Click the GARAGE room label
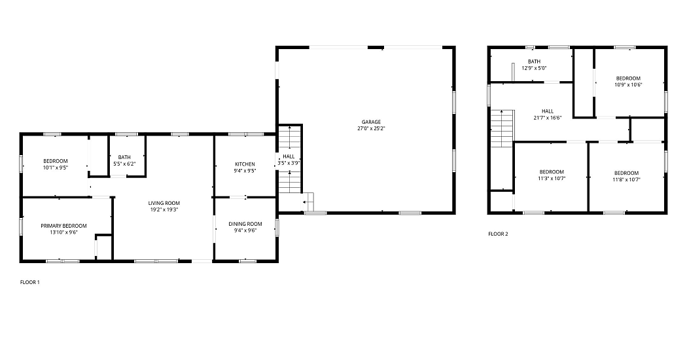pyautogui.click(x=371, y=122)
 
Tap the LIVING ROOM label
pyautogui.click(x=164, y=203)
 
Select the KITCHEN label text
pyautogui.click(x=245, y=164)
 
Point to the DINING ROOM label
pyautogui.click(x=245, y=224)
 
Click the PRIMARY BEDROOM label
pyautogui.click(x=64, y=226)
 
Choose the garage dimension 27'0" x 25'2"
pyautogui.click(x=371, y=128)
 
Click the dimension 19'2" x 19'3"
pyautogui.click(x=164, y=209)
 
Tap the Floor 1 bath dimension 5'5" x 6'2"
pyautogui.click(x=124, y=164)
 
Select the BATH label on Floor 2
pyautogui.click(x=534, y=62)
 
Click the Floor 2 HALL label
pyautogui.click(x=548, y=111)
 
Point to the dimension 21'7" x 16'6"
pyautogui.click(x=548, y=118)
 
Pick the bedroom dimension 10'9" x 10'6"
pyautogui.click(x=628, y=84)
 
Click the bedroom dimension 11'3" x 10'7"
pyautogui.click(x=552, y=179)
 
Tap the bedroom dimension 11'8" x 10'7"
pyautogui.click(x=627, y=179)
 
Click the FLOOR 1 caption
pyautogui.click(x=30, y=282)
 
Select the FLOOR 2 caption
pyautogui.click(x=498, y=234)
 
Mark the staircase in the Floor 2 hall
pyautogui.click(x=502, y=129)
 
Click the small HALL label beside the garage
pyautogui.click(x=289, y=156)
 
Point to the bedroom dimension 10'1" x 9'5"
pyautogui.click(x=56, y=167)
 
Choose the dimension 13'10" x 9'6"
pyautogui.click(x=64, y=232)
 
